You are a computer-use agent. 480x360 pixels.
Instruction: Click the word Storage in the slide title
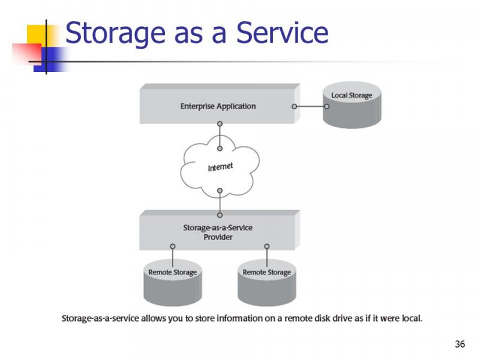pyautogui.click(x=115, y=34)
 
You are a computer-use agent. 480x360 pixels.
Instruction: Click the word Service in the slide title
pyautogui.click(x=282, y=32)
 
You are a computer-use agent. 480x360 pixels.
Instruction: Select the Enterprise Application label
pyautogui.click(x=218, y=106)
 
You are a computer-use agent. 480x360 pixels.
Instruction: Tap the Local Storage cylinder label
pyautogui.click(x=352, y=95)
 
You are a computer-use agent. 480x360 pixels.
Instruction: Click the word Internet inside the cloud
pyautogui.click(x=220, y=167)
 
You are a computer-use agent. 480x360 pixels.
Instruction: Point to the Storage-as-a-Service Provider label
pyautogui.click(x=218, y=232)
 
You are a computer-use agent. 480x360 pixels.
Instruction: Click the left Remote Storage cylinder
pyautogui.click(x=173, y=283)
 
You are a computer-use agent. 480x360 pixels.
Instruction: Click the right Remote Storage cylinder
pyautogui.click(x=266, y=283)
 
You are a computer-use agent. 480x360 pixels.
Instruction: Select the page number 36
pyautogui.click(x=460, y=344)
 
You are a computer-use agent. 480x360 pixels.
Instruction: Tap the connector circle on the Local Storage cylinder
pyautogui.click(x=326, y=107)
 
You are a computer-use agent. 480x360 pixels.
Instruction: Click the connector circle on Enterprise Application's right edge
pyautogui.click(x=294, y=107)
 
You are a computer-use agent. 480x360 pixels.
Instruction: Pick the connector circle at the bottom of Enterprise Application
pyautogui.click(x=220, y=124)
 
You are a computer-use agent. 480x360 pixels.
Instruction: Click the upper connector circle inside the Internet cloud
pyautogui.click(x=220, y=148)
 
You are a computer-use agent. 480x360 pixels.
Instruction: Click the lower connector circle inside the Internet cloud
pyautogui.click(x=220, y=191)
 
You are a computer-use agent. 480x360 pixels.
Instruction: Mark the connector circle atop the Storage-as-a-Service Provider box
pyautogui.click(x=220, y=215)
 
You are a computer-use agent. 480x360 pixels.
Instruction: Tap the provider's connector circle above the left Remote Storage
pyautogui.click(x=173, y=247)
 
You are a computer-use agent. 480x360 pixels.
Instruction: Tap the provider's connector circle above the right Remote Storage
pyautogui.click(x=267, y=247)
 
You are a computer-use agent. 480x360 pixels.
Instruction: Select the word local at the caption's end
pyautogui.click(x=412, y=319)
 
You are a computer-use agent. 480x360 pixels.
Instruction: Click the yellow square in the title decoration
pyautogui.click(x=37, y=34)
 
